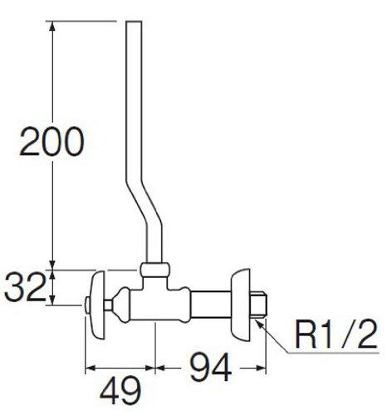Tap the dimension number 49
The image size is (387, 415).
[120, 388]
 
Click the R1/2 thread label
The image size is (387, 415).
[336, 337]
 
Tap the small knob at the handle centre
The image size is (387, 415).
[87, 309]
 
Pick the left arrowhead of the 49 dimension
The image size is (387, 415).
[90, 366]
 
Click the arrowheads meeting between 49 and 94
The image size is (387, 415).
[157, 366]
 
